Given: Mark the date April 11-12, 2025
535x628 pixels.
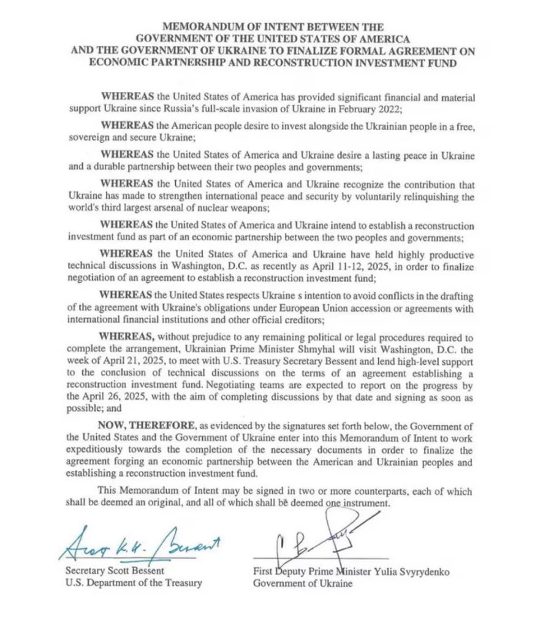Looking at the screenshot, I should click(333, 266).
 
